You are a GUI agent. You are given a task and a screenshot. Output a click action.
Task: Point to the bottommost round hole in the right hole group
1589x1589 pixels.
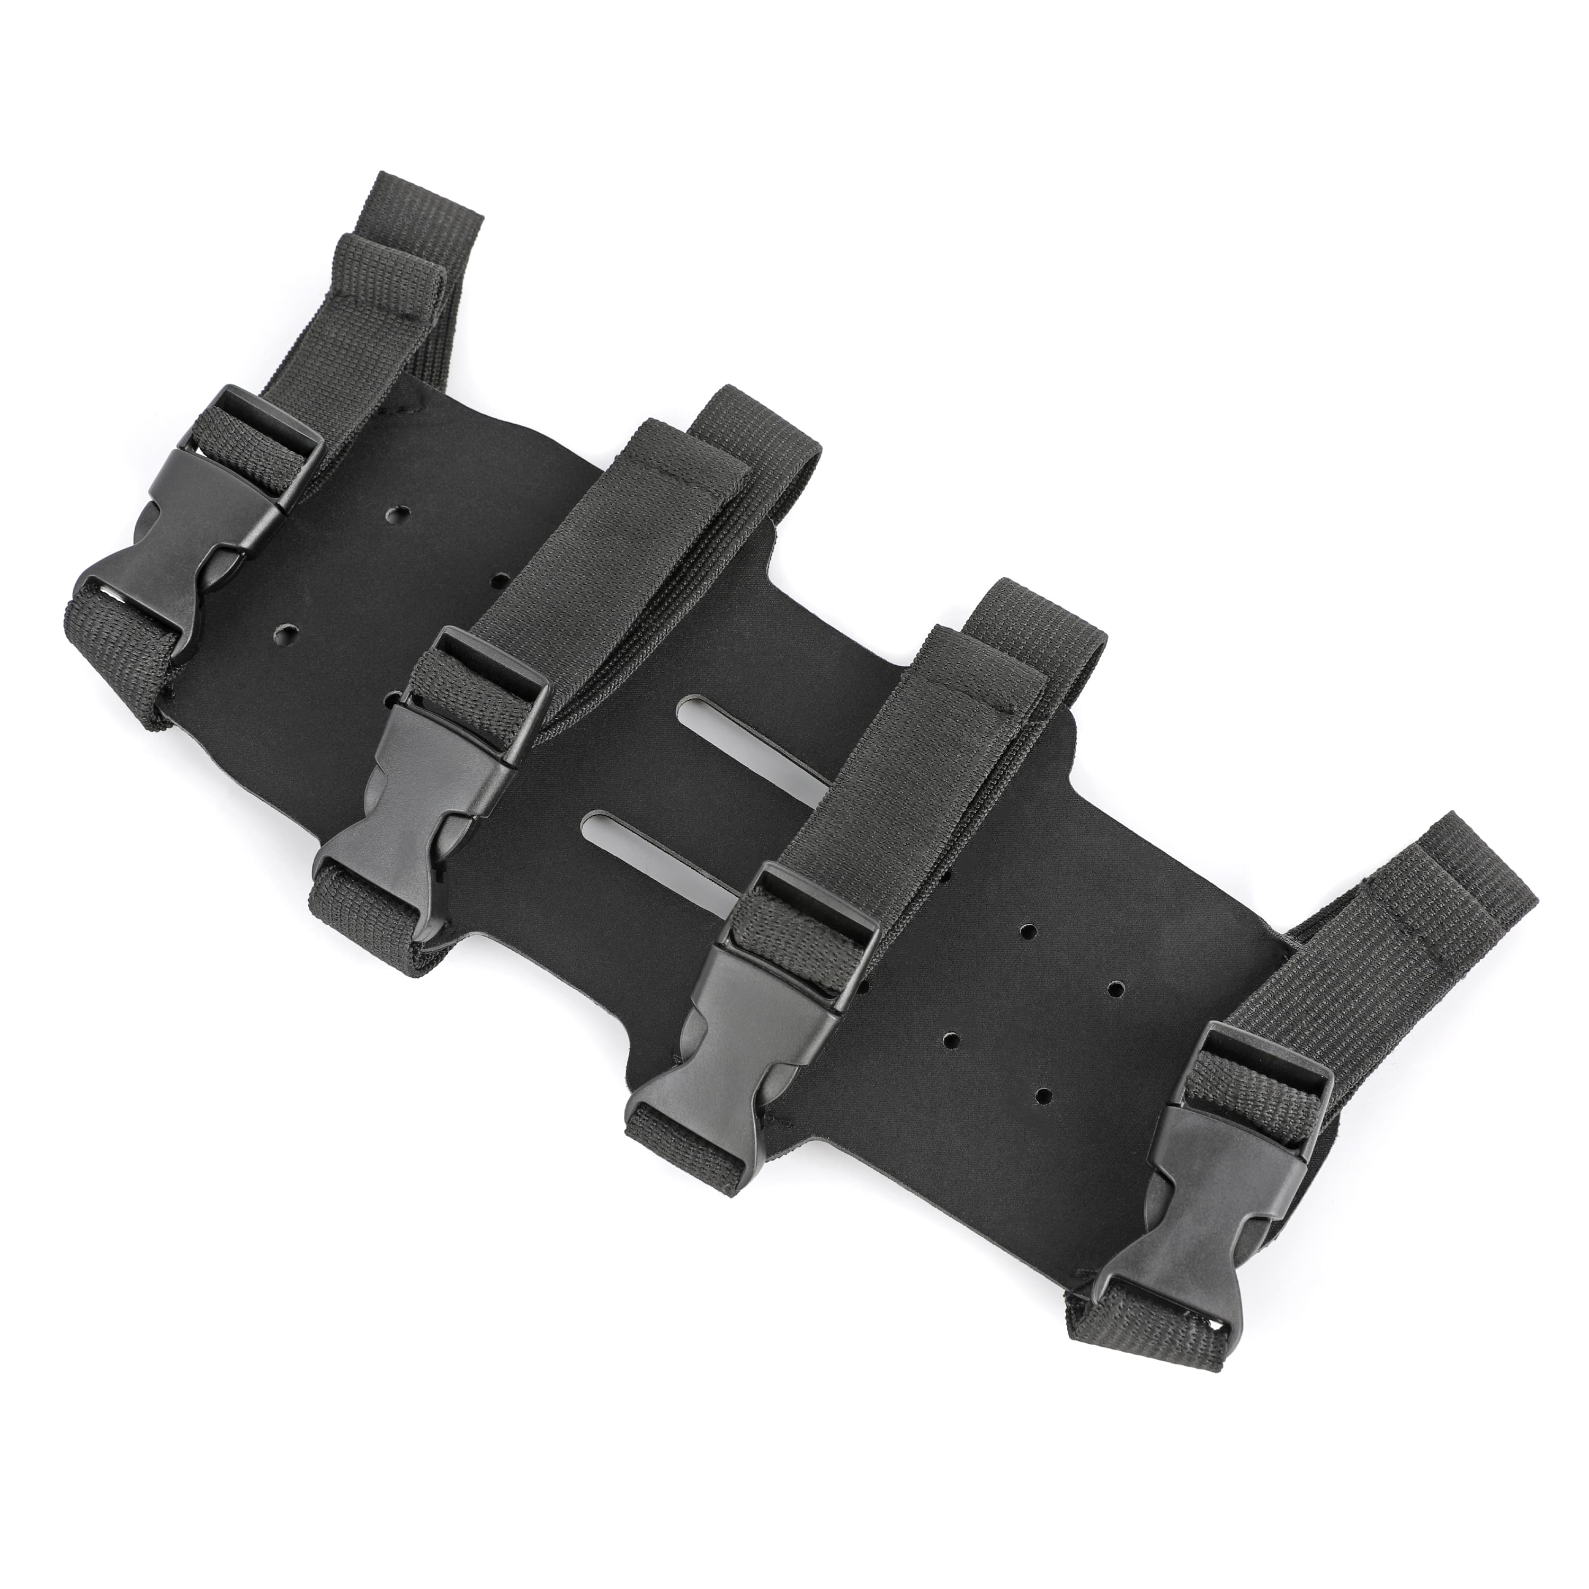pyautogui.click(x=1043, y=1095)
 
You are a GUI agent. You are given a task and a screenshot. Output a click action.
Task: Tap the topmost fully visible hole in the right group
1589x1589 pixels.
pyautogui.click(x=1026, y=932)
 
